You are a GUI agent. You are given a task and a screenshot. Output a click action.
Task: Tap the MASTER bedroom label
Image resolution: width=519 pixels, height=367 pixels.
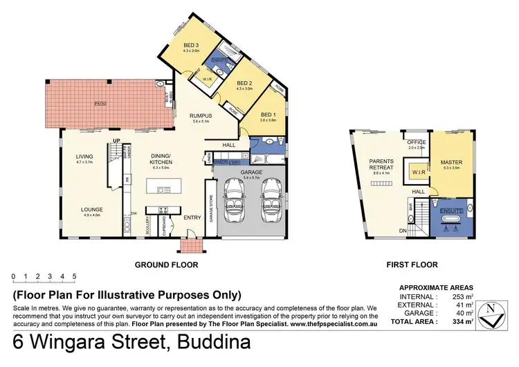[451, 163]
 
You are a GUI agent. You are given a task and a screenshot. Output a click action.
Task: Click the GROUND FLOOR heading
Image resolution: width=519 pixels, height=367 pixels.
[166, 265]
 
